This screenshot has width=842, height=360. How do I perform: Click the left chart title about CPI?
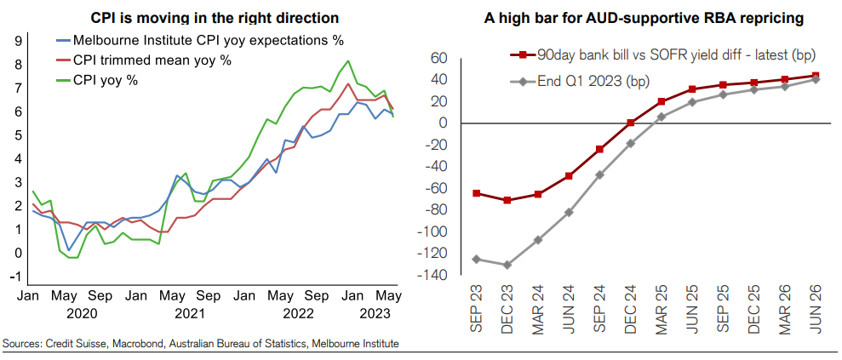214,18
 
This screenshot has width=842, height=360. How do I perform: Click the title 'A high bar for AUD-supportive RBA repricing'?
644,19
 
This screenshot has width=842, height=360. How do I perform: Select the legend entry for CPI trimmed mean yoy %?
144,60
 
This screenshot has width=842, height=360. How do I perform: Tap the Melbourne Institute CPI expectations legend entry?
200,40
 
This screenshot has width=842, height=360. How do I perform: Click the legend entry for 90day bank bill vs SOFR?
663,54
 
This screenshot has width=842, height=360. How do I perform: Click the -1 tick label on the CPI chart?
16,277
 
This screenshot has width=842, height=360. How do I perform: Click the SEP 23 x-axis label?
476,310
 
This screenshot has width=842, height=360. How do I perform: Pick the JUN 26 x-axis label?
815,310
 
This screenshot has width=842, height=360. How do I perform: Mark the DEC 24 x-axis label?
630,310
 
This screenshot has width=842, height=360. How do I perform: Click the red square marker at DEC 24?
630,123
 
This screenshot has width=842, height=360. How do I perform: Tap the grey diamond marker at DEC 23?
507,265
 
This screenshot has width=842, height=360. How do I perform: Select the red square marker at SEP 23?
476,193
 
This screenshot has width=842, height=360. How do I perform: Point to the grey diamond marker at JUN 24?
569,213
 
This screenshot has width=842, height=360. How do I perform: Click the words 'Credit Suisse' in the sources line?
67,343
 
